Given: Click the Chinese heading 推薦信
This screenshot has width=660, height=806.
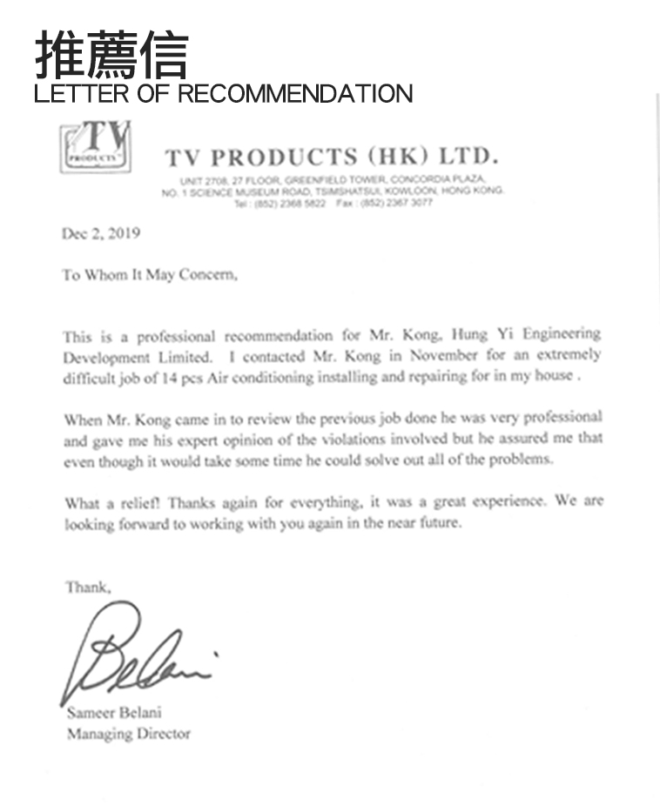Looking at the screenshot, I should pos(111,55).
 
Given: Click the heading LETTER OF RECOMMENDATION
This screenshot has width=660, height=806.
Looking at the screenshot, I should pos(223,94).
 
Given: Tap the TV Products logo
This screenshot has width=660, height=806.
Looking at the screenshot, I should pos(97,148).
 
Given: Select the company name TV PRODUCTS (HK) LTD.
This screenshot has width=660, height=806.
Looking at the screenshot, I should pos(332,158).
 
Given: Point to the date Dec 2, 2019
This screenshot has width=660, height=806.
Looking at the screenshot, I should pos(101,233).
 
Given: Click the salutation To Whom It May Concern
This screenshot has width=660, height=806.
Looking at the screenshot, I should pos(149,275).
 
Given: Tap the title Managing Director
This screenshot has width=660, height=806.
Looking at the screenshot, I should pos(128,734).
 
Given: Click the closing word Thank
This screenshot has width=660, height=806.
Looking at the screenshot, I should pos(88,588).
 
